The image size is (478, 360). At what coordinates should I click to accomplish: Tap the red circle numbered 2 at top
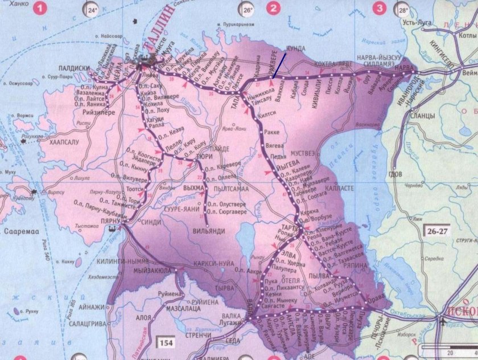274,9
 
